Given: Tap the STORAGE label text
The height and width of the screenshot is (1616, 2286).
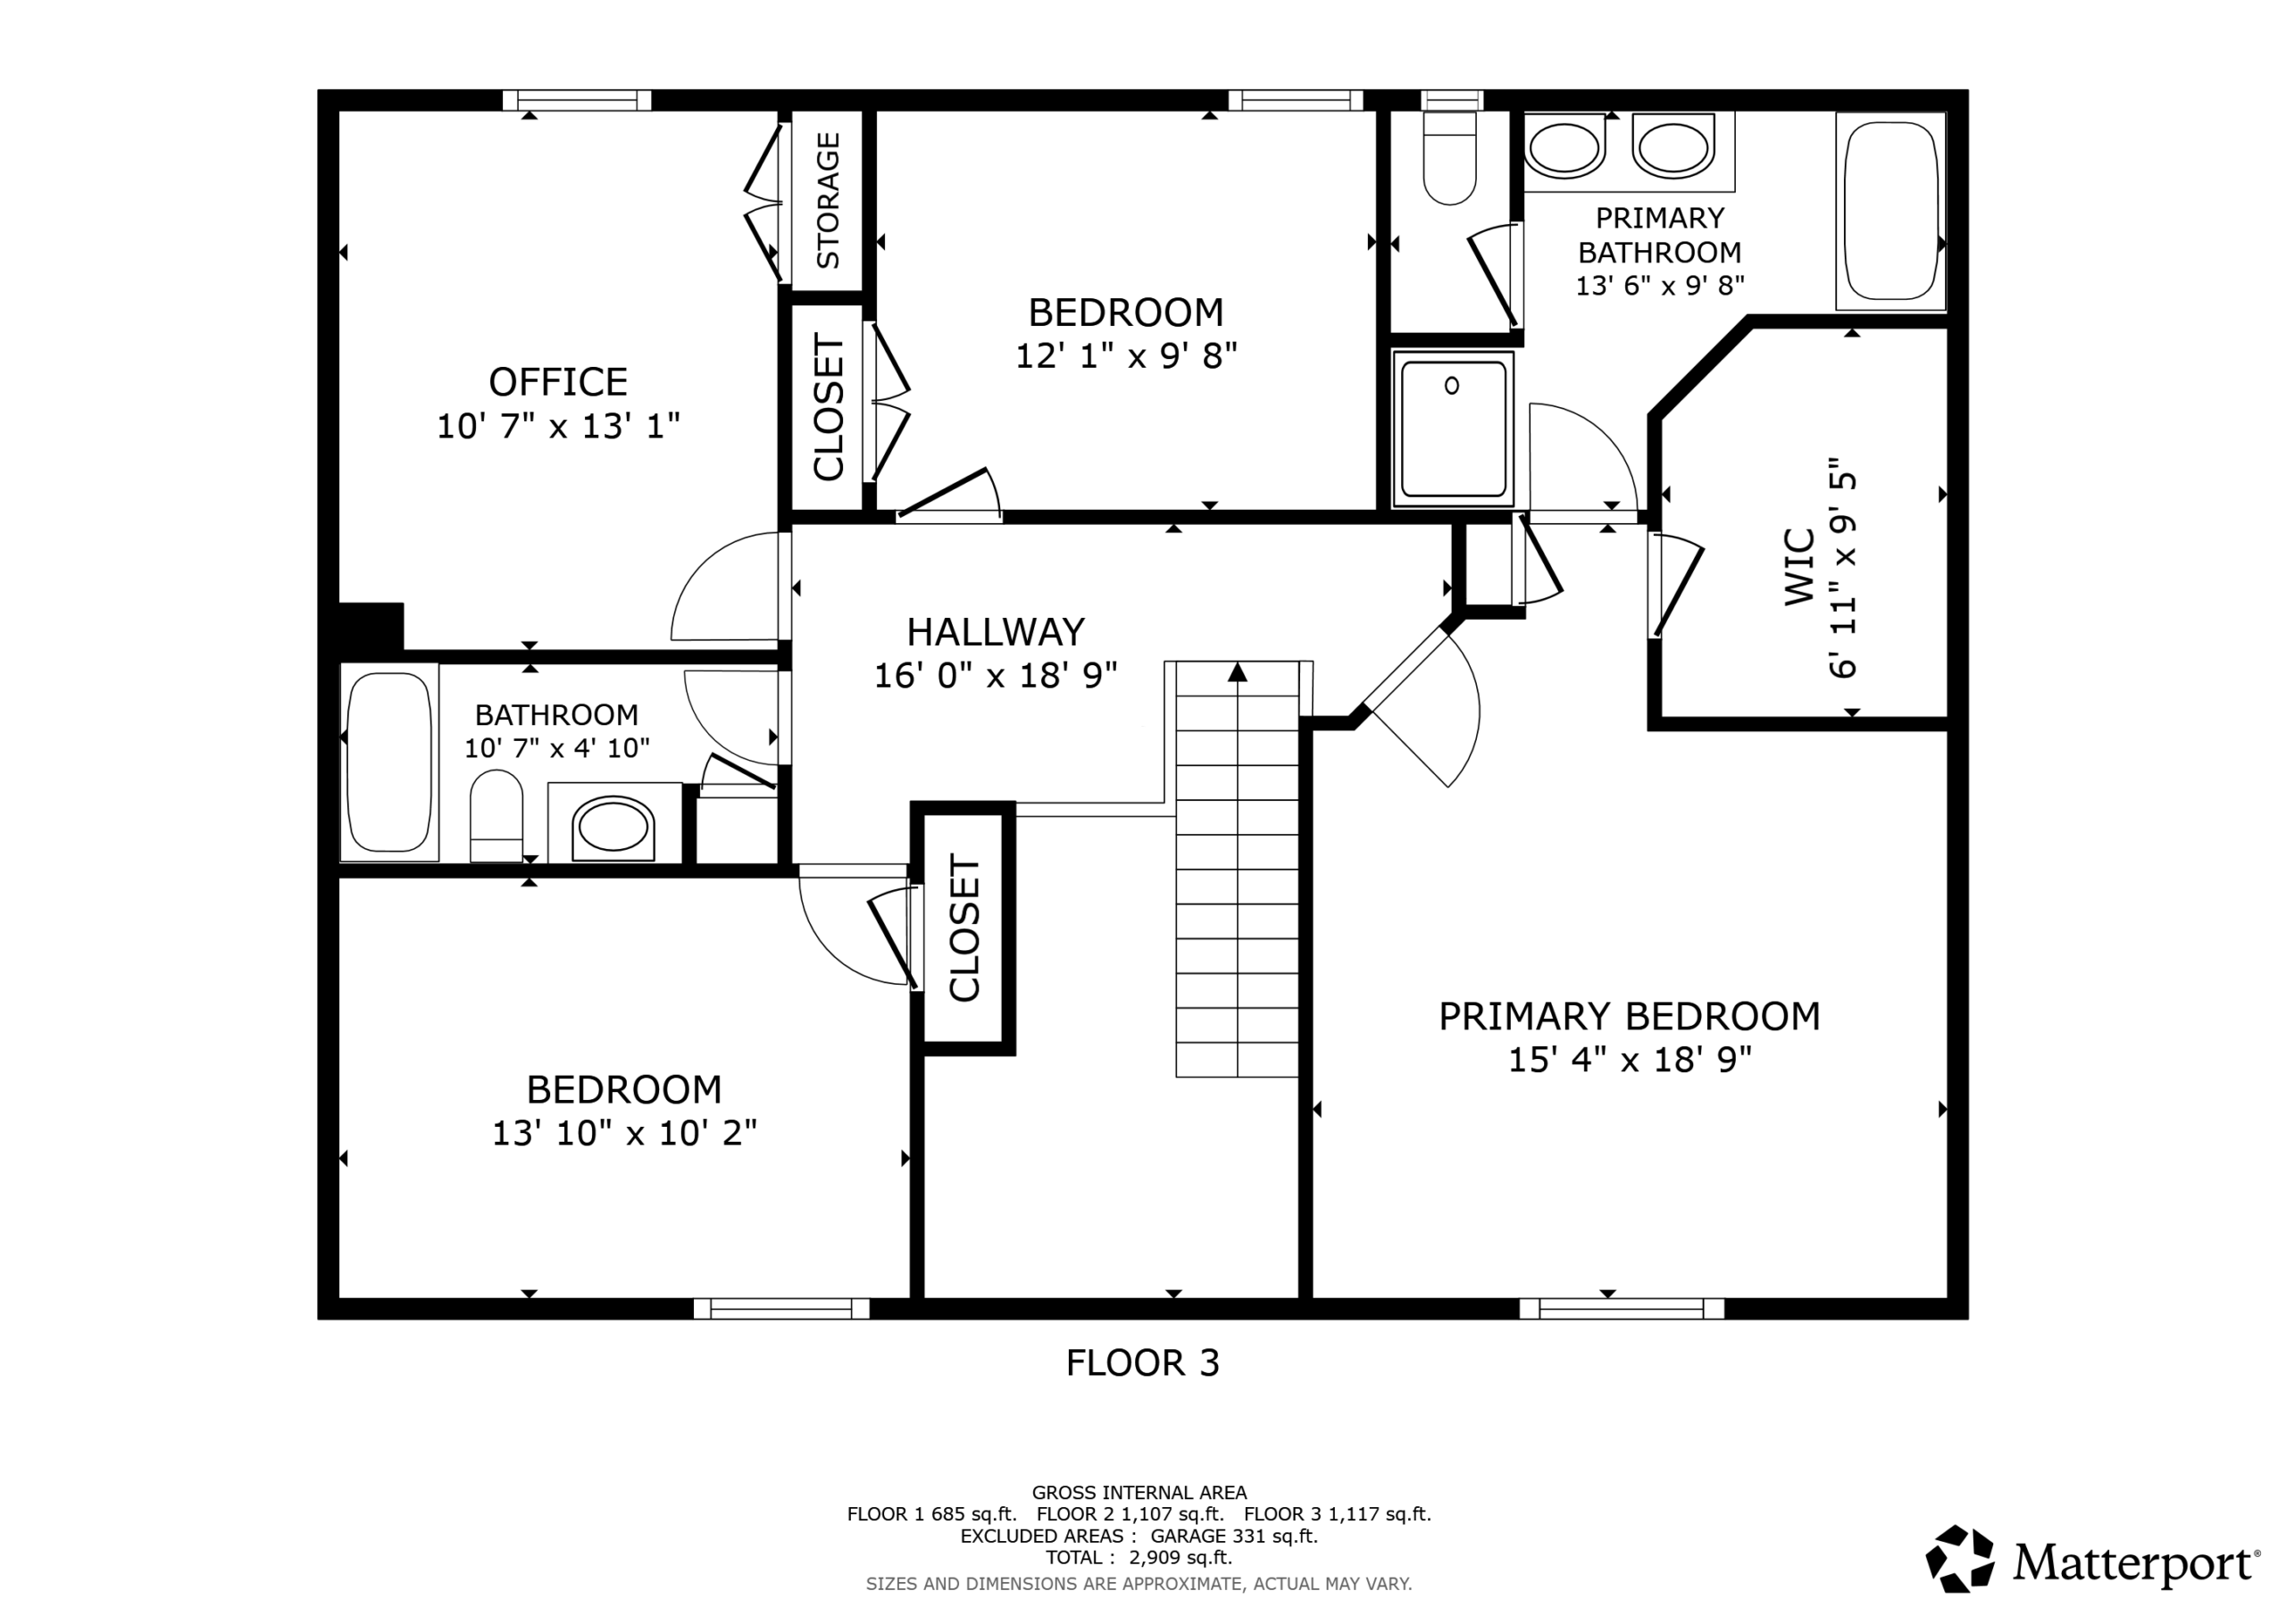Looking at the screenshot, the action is (829, 201).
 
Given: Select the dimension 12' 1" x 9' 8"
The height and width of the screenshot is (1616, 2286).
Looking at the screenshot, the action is (1126, 355).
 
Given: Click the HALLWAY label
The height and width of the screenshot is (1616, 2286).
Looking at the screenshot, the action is (995, 632).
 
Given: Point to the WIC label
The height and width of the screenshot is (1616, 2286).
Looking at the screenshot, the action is (1799, 567).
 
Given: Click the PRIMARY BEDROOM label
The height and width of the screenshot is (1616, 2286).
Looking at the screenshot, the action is (1629, 1017).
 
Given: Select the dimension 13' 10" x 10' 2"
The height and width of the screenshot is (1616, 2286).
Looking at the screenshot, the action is (624, 1133).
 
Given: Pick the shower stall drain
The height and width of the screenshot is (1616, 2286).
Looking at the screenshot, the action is (1452, 386).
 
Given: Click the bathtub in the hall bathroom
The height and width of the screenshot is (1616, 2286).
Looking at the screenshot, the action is (389, 762).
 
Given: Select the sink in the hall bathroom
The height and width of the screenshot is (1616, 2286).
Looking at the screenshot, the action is (613, 827).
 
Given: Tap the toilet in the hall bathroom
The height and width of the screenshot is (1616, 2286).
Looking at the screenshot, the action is (496, 815).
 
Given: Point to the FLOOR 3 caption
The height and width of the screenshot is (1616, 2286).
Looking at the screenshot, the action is (1142, 1363).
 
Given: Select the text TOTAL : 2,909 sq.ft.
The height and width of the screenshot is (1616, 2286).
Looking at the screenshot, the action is (1139, 1557).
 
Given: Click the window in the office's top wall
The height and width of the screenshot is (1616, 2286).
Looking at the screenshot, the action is (577, 100).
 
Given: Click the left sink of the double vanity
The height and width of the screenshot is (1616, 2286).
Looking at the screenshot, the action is (1564, 148).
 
